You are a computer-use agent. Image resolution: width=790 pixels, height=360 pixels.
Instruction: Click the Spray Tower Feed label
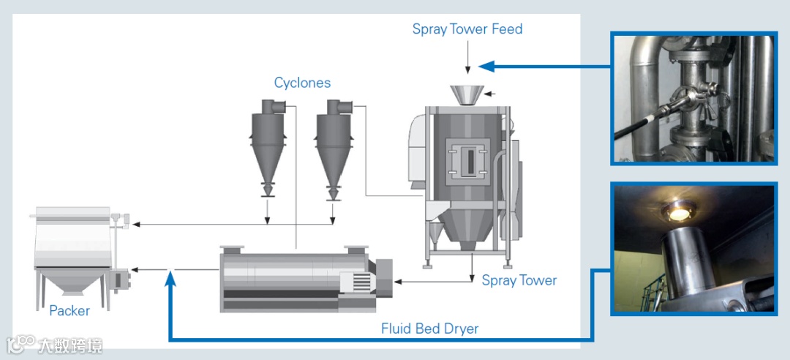point(467,29)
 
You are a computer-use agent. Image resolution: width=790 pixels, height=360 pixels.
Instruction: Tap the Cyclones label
point(302,83)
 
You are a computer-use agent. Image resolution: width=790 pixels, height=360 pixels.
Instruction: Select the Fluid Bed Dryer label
point(429,328)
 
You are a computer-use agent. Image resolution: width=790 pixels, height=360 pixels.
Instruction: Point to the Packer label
point(69,310)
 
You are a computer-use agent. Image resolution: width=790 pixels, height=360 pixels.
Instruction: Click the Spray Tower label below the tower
point(519,280)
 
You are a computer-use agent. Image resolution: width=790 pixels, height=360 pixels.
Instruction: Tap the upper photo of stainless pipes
point(694,97)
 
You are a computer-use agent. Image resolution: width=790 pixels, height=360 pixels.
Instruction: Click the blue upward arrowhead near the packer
point(170,277)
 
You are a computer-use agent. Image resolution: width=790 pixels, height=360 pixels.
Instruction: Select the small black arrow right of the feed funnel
point(490,93)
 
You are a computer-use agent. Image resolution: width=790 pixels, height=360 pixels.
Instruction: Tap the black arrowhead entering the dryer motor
point(399,281)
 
